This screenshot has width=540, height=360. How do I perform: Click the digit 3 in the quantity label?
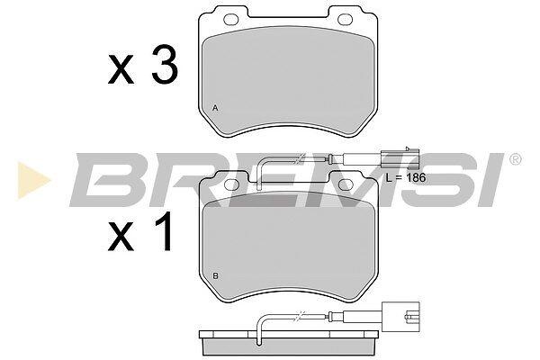click(165, 65)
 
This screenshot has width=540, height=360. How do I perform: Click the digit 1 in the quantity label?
click(164, 230)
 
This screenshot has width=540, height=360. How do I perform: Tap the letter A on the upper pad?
click(215, 108)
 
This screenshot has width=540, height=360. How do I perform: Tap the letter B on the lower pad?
click(216, 276)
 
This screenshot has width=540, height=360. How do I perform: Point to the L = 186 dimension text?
click(406, 178)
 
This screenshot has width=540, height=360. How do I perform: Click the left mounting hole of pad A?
click(231, 19)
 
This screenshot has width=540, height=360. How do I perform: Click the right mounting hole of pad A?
click(346, 19)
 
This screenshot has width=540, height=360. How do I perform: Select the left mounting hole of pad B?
click(231, 184)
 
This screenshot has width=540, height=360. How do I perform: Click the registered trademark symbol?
click(515, 159)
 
